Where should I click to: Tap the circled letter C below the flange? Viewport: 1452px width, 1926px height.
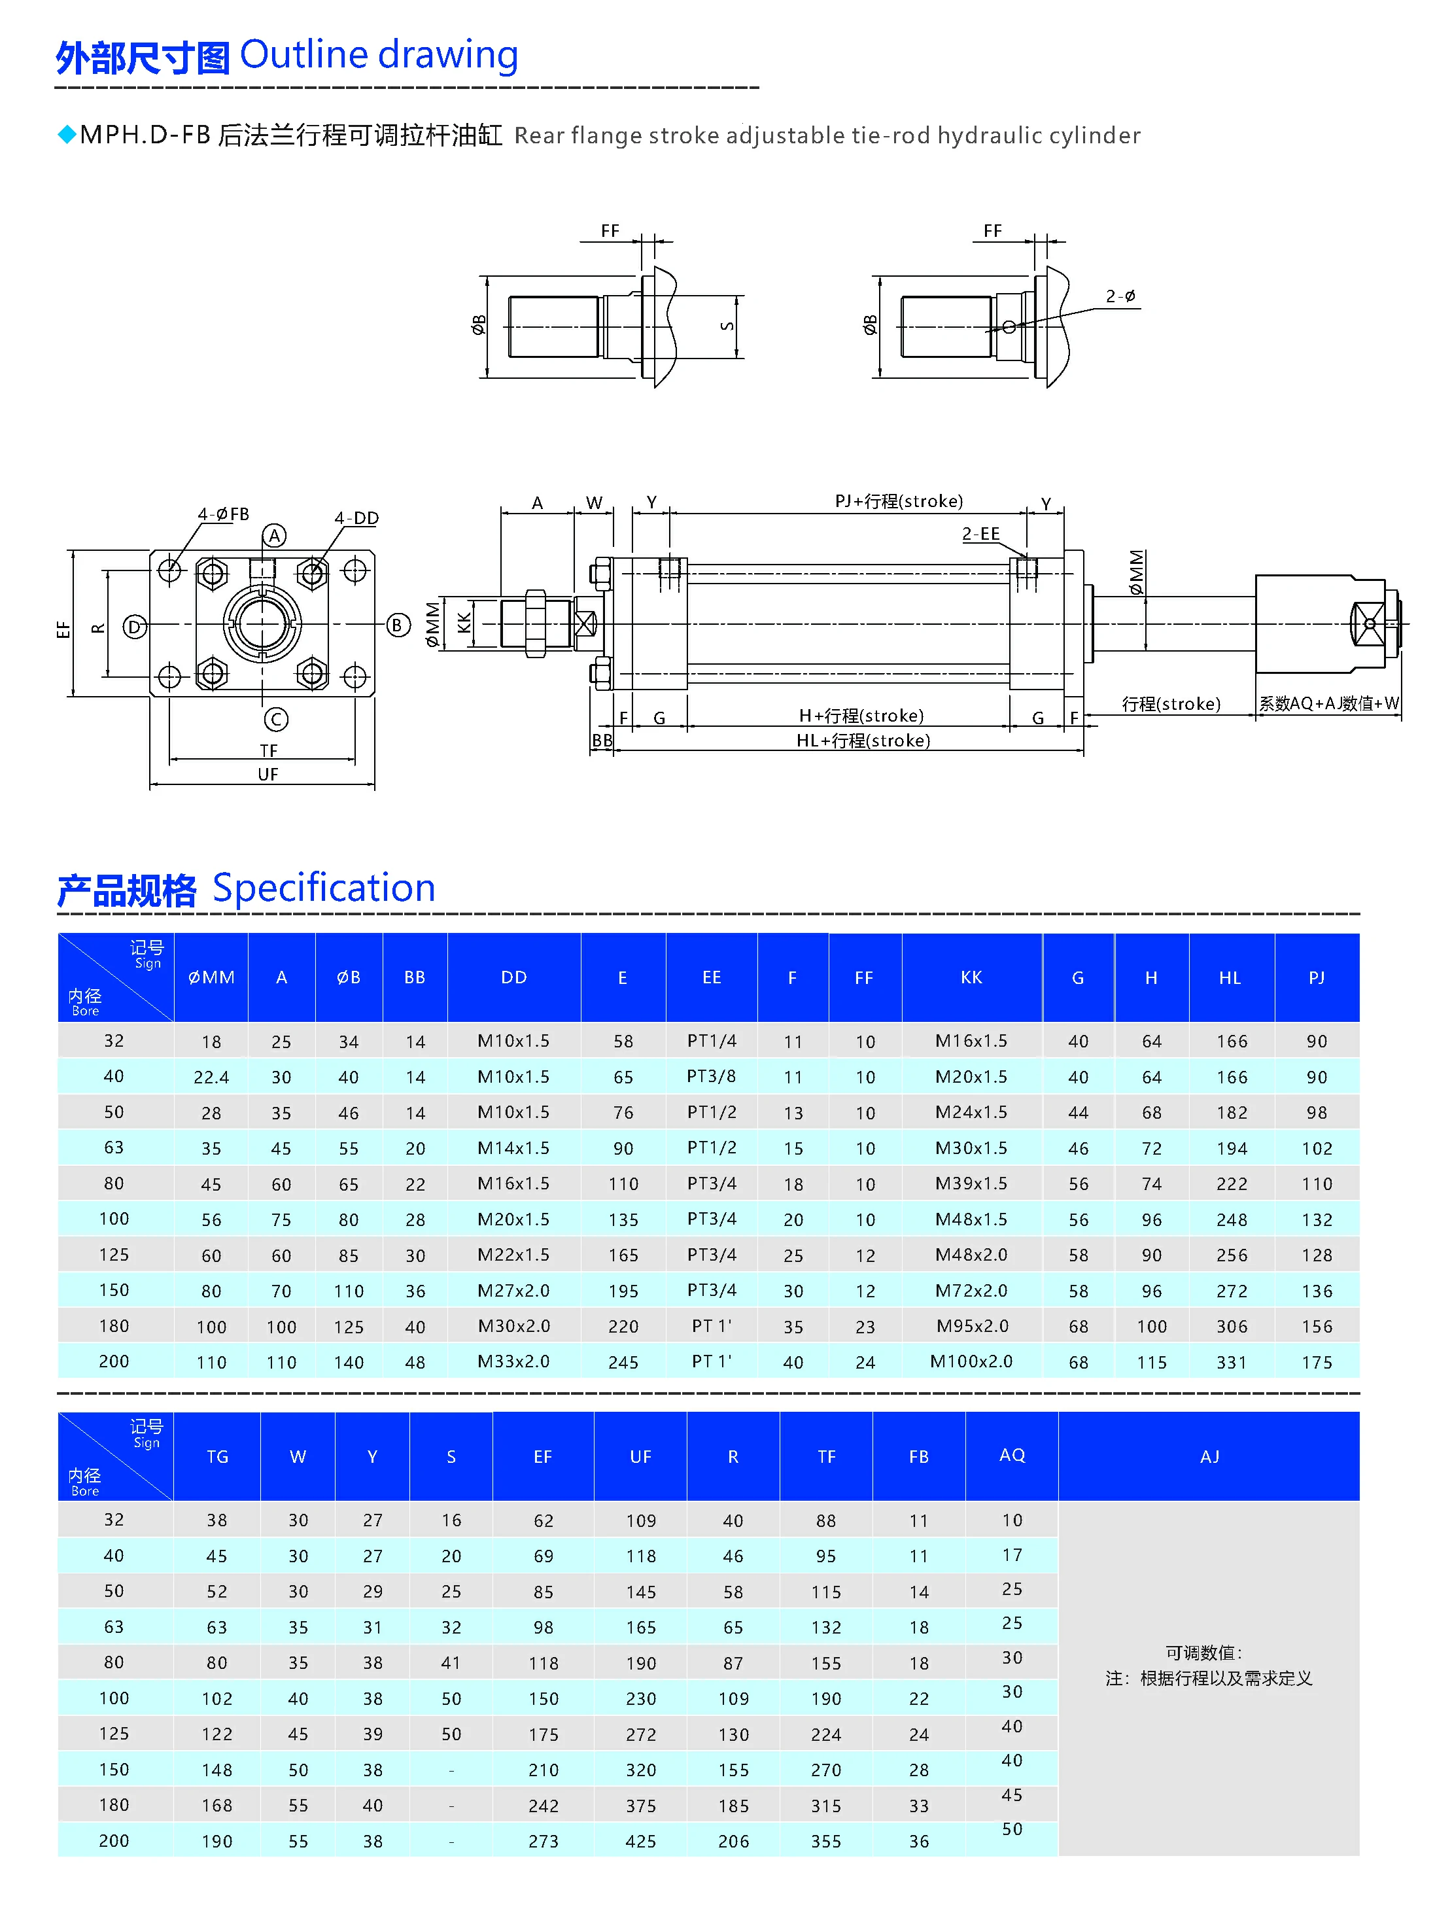click(276, 719)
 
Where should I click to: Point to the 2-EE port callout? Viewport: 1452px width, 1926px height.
click(981, 534)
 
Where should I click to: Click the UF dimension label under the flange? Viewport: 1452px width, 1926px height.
click(268, 774)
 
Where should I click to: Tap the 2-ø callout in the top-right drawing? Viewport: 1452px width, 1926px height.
click(1120, 297)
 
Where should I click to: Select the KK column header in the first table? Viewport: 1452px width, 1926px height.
click(971, 978)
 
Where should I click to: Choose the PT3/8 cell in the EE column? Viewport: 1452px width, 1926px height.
click(711, 1077)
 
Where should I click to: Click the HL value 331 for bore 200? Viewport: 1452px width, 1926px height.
click(1232, 1363)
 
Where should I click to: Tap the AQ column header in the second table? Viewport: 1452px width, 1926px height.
click(1012, 1456)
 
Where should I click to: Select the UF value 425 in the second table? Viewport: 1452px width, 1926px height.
click(641, 1842)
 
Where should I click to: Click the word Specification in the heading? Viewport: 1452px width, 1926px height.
click(324, 888)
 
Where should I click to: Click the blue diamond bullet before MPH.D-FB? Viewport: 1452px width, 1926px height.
click(66, 135)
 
